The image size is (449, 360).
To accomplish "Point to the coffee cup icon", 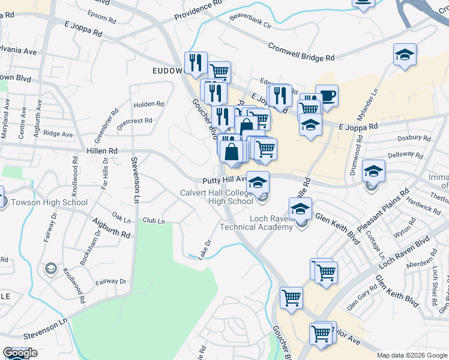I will pyautogui.click(x=327, y=95).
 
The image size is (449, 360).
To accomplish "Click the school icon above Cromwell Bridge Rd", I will pyautogui.click(x=405, y=55).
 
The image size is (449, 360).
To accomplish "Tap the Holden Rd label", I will pyautogui.click(x=149, y=104).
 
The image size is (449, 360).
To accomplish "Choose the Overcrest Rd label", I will pyautogui.click(x=134, y=121).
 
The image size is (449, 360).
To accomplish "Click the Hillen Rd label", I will pyautogui.click(x=104, y=151).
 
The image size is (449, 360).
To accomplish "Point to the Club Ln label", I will pyautogui.click(x=153, y=221).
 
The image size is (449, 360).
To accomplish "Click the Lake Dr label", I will pyautogui.click(x=205, y=246).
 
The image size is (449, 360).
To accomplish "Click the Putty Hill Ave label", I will pyautogui.click(x=224, y=179).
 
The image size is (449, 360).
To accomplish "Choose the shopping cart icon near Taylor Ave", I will pyautogui.click(x=321, y=334).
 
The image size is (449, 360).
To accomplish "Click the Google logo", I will pyautogui.click(x=20, y=353).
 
